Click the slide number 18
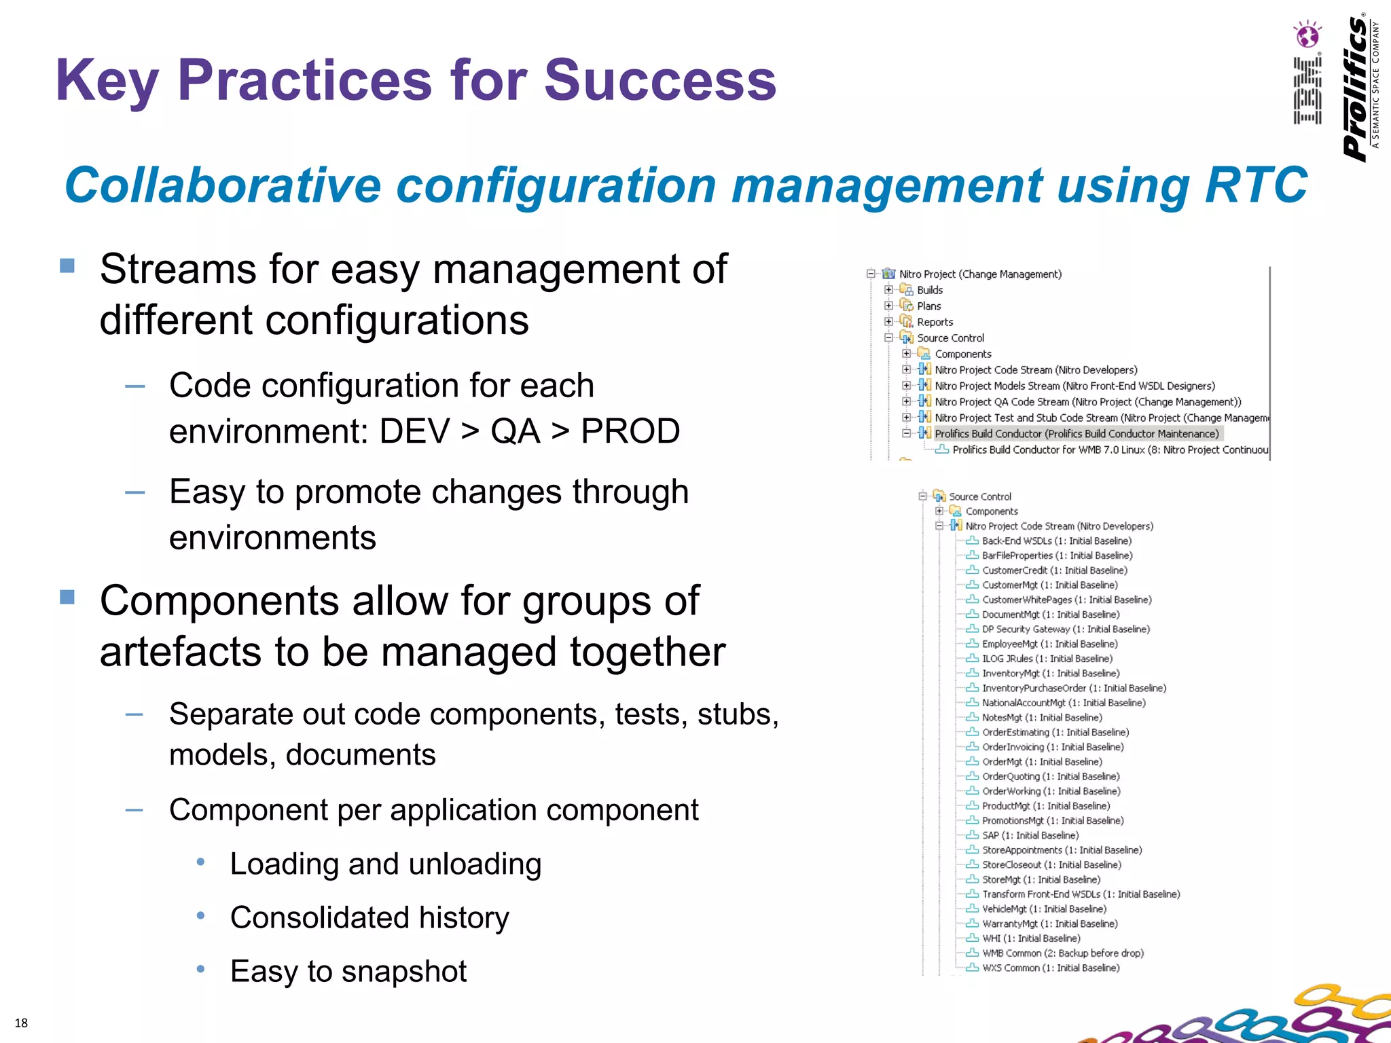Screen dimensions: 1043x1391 [x=21, y=1023]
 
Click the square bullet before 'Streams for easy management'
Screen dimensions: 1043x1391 [x=67, y=266]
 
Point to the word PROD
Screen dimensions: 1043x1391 [x=630, y=431]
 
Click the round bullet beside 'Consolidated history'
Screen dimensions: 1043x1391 [x=200, y=915]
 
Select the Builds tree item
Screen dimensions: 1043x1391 [x=929, y=290]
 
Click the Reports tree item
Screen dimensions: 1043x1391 [x=935, y=322]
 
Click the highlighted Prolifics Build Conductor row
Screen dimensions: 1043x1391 [x=1076, y=433]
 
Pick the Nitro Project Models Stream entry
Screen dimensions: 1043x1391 [x=1074, y=386]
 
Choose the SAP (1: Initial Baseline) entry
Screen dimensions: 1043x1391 [x=1030, y=835]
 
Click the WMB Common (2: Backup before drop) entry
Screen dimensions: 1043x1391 [x=1062, y=953]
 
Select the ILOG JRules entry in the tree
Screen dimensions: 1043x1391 [x=1047, y=659]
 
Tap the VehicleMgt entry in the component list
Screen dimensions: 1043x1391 [x=1044, y=909]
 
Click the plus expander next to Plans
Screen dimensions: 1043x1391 [x=888, y=306]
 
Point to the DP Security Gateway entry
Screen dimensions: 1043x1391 [x=1065, y=629]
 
